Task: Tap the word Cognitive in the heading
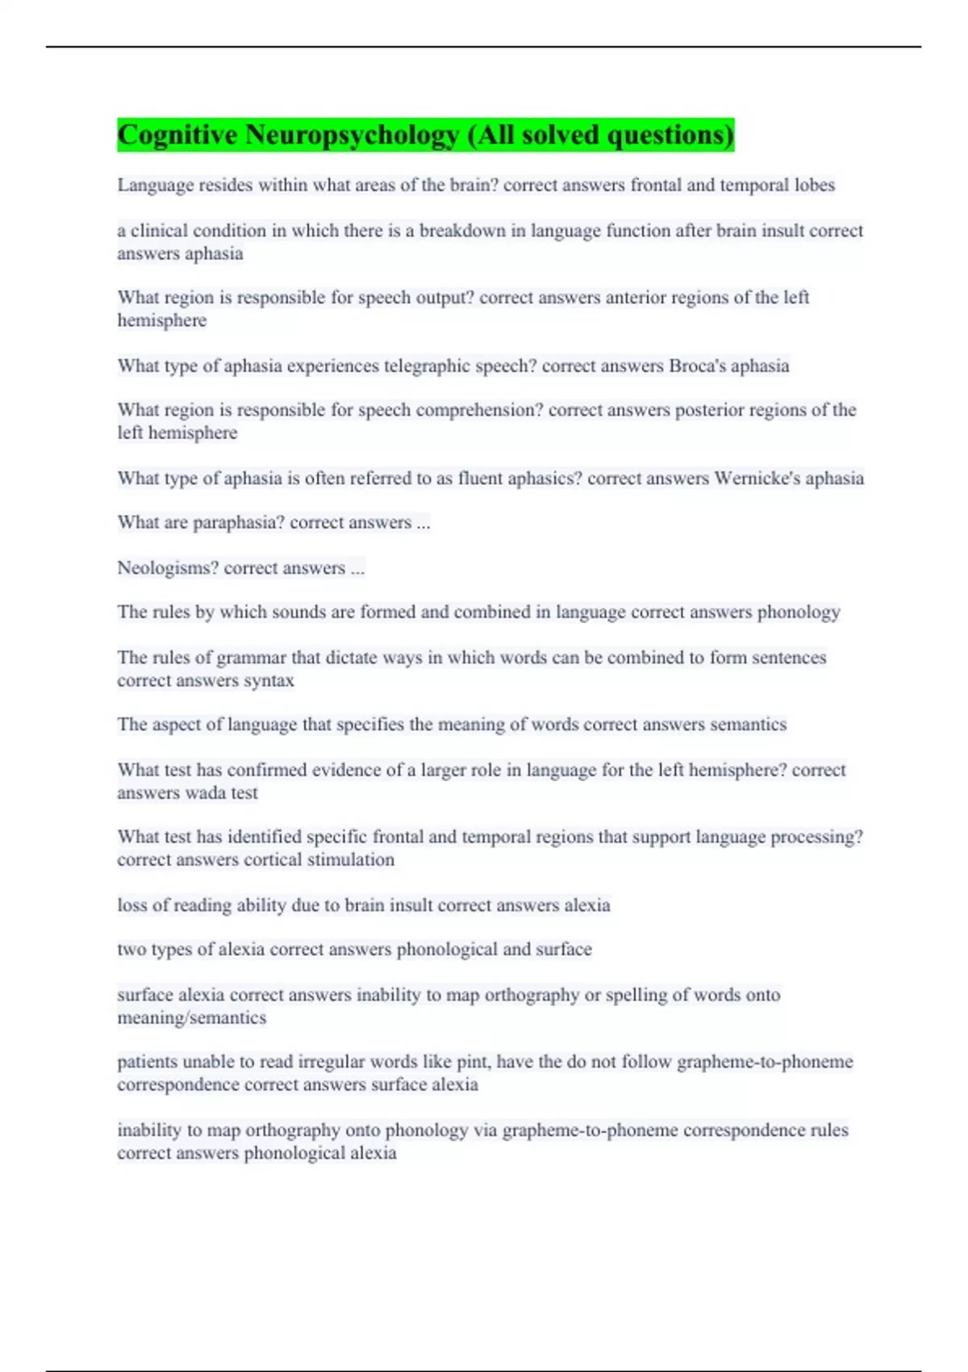[177, 135]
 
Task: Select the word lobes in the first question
[814, 185]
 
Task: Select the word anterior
[635, 297]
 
